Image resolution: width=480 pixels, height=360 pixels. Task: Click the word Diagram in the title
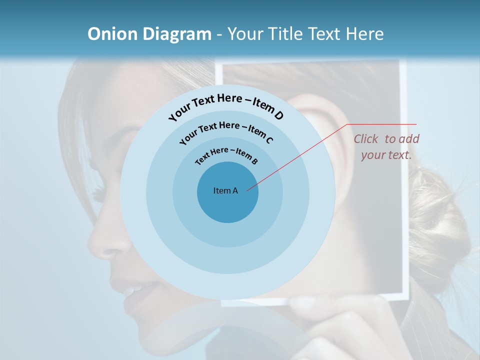177,34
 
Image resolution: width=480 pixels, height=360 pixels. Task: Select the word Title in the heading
286,34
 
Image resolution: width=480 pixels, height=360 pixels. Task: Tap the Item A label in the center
225,190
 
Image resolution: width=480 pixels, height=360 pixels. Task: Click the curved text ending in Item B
226,155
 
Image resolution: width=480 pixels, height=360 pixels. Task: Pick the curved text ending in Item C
226,131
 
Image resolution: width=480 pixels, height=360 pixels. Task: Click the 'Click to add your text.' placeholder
386,146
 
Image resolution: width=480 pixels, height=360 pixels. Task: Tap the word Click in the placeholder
367,139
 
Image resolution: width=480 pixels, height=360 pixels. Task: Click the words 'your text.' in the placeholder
386,155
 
